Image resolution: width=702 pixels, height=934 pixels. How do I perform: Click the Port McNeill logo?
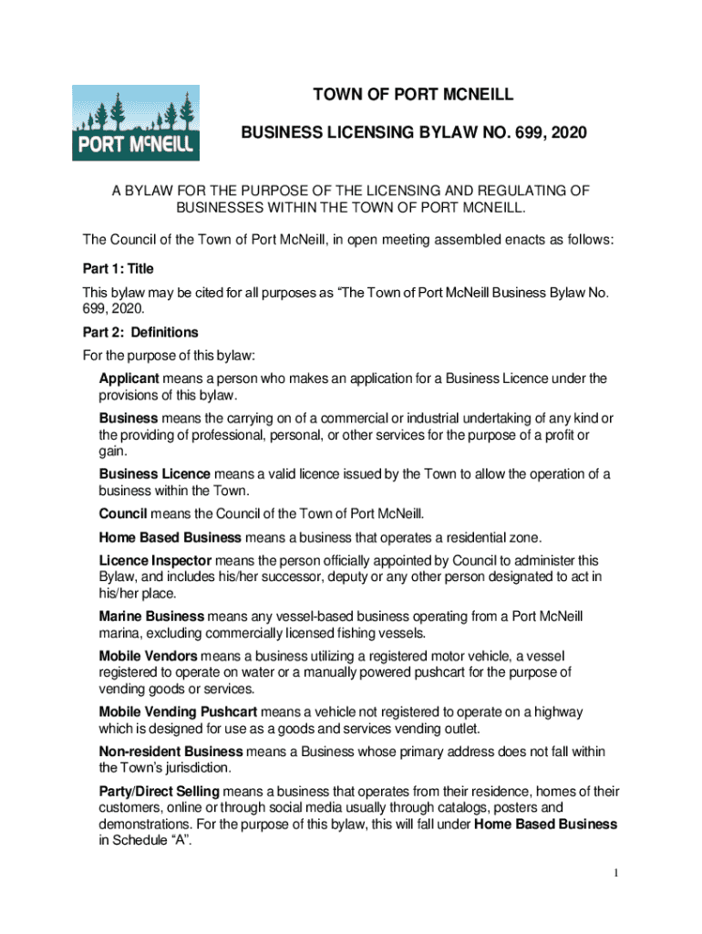[x=136, y=123]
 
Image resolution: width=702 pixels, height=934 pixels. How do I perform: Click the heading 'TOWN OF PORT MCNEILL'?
[x=414, y=95]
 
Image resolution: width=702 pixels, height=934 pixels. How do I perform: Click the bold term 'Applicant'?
[x=129, y=378]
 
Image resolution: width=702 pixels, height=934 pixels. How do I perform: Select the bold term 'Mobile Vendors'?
[x=149, y=656]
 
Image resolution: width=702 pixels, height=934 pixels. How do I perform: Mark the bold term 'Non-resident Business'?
[x=170, y=751]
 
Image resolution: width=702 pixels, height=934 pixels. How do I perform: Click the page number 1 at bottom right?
[x=616, y=875]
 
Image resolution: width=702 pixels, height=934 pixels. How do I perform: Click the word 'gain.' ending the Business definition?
[x=113, y=451]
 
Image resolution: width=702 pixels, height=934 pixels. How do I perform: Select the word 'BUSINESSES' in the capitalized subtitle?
[x=217, y=208]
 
